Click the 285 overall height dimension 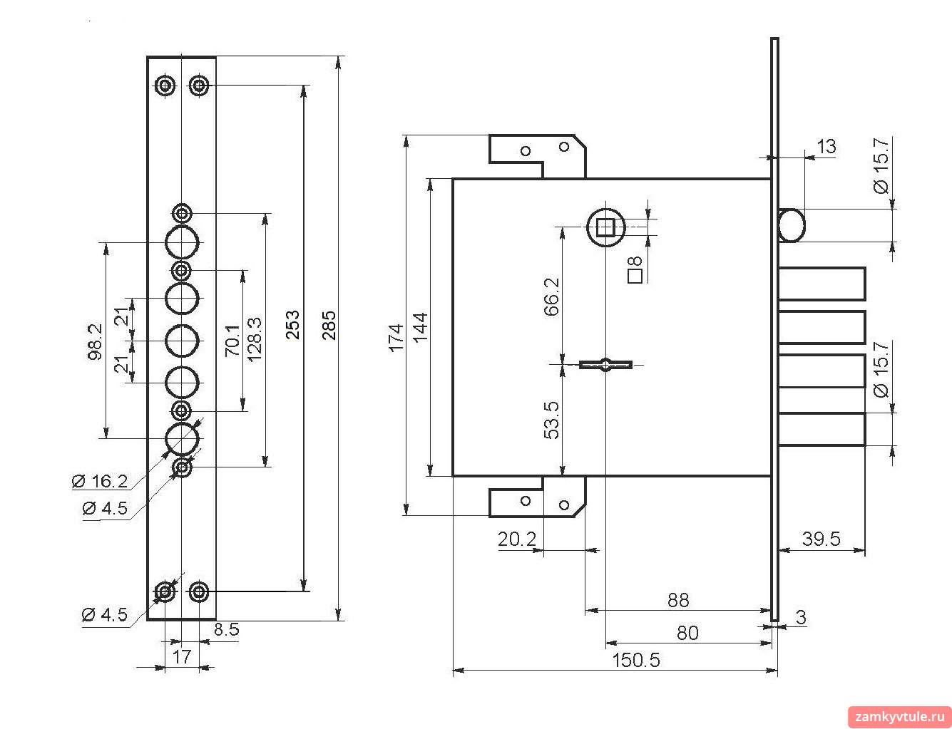click(329, 326)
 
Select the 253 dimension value click(292, 325)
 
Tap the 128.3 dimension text click(255, 339)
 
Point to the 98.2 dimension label click(95, 342)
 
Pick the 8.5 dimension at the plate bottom click(227, 629)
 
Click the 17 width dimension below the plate click(181, 656)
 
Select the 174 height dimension click(396, 338)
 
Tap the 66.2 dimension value click(551, 296)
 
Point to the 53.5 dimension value click(551, 420)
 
